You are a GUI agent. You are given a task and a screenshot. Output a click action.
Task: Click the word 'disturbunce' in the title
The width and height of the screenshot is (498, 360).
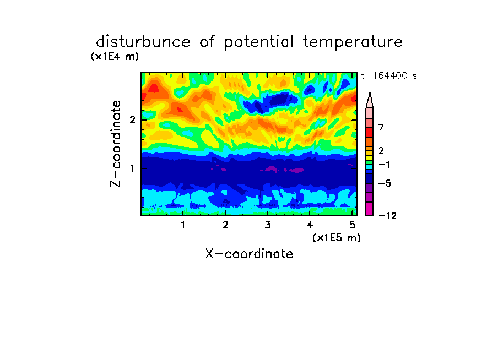coord(143,41)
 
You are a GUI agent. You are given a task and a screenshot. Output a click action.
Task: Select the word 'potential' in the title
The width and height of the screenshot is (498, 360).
coord(259,42)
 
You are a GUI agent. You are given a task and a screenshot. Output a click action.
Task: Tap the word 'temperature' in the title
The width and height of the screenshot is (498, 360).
coord(353,42)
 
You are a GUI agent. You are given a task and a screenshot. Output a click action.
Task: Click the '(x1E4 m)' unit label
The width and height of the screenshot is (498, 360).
coord(115,57)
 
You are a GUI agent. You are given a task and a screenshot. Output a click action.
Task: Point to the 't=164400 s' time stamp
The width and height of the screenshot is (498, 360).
coord(389,75)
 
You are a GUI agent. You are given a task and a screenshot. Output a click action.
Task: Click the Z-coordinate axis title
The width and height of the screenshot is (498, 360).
coord(116,144)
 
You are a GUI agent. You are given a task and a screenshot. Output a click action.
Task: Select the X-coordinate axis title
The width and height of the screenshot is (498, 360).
coord(249,254)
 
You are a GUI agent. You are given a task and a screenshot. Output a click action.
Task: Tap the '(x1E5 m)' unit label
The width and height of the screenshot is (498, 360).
coord(337,238)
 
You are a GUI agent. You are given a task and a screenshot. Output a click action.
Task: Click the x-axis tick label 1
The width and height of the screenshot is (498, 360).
coord(183,225)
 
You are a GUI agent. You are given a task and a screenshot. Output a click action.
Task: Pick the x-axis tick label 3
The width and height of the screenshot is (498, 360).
coord(268,225)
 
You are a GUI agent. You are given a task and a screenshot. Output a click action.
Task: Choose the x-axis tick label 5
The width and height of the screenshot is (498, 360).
coord(352,225)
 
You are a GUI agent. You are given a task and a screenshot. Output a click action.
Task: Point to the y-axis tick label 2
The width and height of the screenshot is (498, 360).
coord(132,120)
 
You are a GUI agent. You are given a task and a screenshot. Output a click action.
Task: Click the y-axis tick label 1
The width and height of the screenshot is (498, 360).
coord(132,168)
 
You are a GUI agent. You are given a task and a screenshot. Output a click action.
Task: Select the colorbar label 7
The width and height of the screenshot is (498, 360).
coord(381,128)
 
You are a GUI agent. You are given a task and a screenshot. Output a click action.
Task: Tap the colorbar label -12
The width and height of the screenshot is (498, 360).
coord(387,216)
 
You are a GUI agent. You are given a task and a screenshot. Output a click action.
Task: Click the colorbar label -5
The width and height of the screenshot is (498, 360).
coord(385,183)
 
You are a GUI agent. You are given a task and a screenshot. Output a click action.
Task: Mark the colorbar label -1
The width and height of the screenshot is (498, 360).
coord(384,165)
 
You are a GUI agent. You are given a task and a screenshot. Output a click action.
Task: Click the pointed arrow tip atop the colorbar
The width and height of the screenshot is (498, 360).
coord(370,92)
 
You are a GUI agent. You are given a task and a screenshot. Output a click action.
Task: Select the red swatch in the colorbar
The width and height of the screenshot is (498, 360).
coord(370,132)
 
